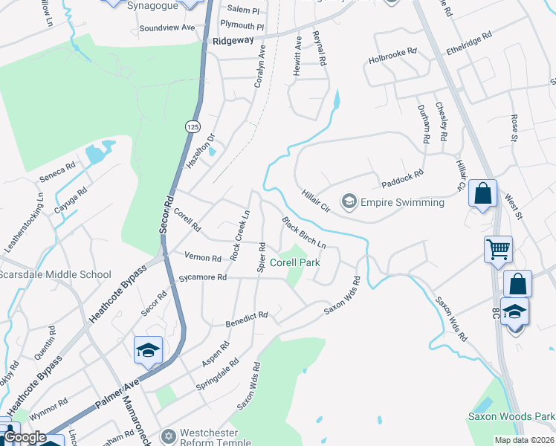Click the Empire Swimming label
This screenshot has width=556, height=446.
click(x=402, y=202)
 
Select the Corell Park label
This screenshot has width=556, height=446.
click(x=294, y=262)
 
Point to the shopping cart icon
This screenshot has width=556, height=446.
click(x=497, y=249)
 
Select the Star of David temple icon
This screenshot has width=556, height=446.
click(x=169, y=435)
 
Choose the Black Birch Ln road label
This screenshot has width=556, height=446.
click(x=304, y=233)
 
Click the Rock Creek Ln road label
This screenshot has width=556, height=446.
click(x=240, y=236)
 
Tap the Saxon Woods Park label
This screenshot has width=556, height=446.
click(x=511, y=416)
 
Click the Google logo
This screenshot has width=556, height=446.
click(x=25, y=438)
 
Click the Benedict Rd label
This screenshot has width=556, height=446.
click(x=246, y=320)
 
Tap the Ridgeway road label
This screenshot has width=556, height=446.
click(x=233, y=42)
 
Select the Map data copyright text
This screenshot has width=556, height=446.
click(x=523, y=440)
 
